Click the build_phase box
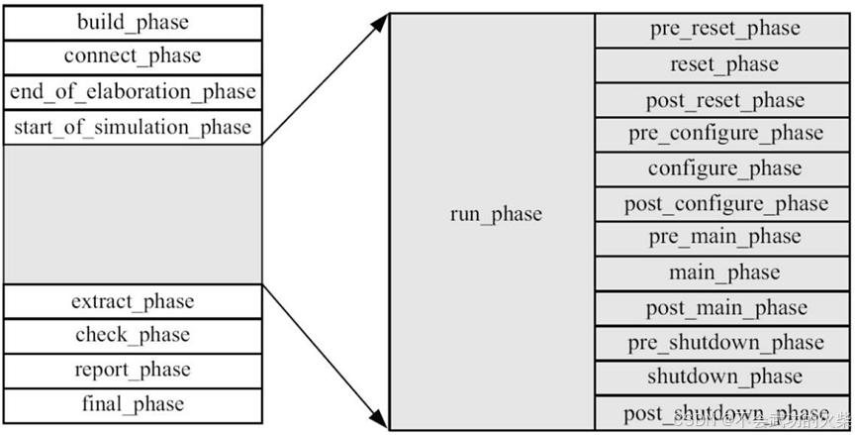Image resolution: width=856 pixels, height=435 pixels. pos(133,22)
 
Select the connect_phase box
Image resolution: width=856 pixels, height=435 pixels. pos(133,56)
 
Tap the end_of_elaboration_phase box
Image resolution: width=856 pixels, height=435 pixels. pos(133,92)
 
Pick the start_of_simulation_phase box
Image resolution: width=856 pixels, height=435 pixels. pos(133,127)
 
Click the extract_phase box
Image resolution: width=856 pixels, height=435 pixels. pos(133,301)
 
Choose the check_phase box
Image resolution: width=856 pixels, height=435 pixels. pos(133,336)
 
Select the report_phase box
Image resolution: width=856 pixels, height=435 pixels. pos(133,371)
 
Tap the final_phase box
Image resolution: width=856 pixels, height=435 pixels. pos(133,405)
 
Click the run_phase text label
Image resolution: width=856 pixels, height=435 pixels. pos(496,214)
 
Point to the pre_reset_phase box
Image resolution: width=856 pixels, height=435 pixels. pos(724,30)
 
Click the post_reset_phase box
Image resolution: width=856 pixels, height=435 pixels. pos(724,100)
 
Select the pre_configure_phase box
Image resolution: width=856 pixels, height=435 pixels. pos(724,134)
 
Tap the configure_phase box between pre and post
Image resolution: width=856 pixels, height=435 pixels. pos(724,168)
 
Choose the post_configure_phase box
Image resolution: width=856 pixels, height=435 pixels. pos(724,204)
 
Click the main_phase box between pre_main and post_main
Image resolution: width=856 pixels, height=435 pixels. pos(724,272)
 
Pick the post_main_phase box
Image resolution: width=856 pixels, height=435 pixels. pos(724,308)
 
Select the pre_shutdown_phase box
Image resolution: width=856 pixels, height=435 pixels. pos(724,343)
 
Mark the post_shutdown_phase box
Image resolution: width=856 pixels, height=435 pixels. pos(724,413)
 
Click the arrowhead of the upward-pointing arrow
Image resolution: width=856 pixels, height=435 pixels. pos(380,22)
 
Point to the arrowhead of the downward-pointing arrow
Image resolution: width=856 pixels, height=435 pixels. pos(380,419)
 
